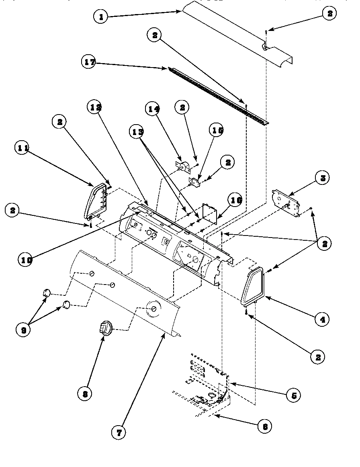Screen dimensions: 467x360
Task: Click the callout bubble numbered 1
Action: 101,17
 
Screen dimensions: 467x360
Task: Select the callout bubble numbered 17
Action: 90,62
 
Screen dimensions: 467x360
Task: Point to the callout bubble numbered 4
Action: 321,319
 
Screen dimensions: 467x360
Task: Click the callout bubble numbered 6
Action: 264,426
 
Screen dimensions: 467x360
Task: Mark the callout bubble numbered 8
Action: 85,394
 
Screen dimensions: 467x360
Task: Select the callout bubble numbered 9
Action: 23,330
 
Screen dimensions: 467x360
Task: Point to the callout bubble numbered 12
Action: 96,107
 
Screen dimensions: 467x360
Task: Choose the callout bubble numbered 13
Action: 137,132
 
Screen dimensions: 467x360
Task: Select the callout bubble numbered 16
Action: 236,200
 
